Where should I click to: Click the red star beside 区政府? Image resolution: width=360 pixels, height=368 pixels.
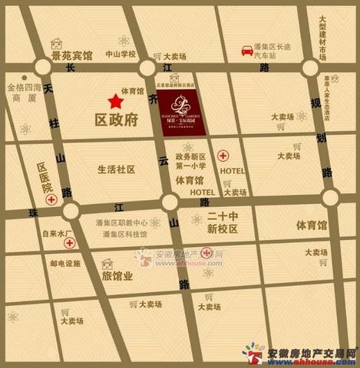114,100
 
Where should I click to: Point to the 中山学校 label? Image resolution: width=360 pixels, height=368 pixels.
121,54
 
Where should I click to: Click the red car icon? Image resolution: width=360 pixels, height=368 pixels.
247,51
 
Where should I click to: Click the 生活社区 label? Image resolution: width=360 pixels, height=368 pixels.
115,169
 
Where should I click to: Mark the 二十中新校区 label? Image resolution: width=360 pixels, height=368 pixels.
223,223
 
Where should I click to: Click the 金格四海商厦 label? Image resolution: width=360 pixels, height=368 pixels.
21,93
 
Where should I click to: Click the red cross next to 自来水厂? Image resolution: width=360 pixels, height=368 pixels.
68,243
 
